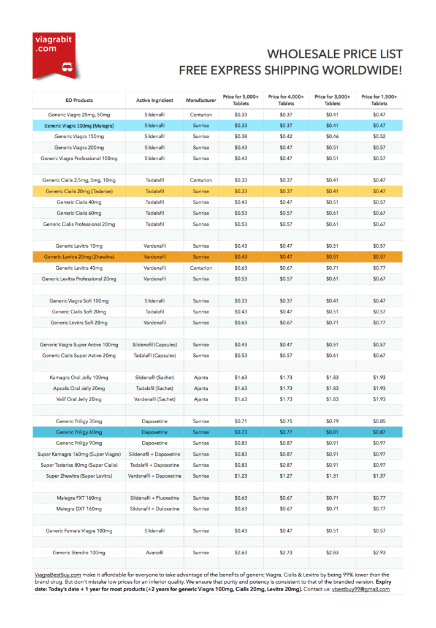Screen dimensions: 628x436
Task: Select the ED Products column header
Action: [x=79, y=101]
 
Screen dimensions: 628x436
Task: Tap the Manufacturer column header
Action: [x=201, y=101]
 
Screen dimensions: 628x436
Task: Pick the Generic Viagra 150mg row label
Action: [x=79, y=136]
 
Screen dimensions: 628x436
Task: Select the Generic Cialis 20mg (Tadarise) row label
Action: [x=79, y=191]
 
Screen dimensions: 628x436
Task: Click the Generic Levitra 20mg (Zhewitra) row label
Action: [x=79, y=257]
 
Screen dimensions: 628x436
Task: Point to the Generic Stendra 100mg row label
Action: [x=79, y=553]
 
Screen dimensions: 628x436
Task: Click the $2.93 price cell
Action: [x=379, y=553]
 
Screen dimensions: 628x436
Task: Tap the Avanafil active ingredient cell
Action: [x=155, y=553]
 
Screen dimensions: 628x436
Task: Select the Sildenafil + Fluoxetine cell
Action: [x=155, y=498]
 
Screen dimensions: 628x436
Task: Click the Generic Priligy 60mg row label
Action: [x=79, y=432]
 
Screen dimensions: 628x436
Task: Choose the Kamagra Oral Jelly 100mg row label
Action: [x=79, y=377]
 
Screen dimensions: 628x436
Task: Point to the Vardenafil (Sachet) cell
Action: [x=155, y=399]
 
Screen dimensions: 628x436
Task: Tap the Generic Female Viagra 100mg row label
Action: [x=79, y=530]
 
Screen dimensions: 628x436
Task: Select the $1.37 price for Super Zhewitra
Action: [x=379, y=476]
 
